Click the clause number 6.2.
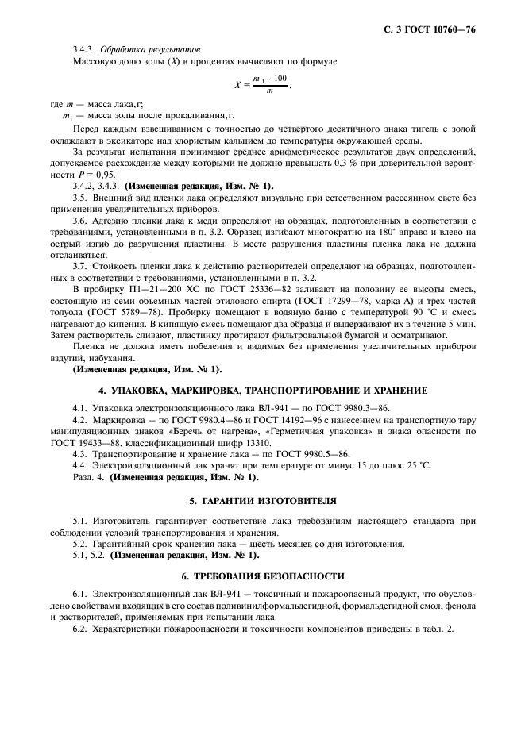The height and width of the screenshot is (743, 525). click(x=79, y=629)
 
